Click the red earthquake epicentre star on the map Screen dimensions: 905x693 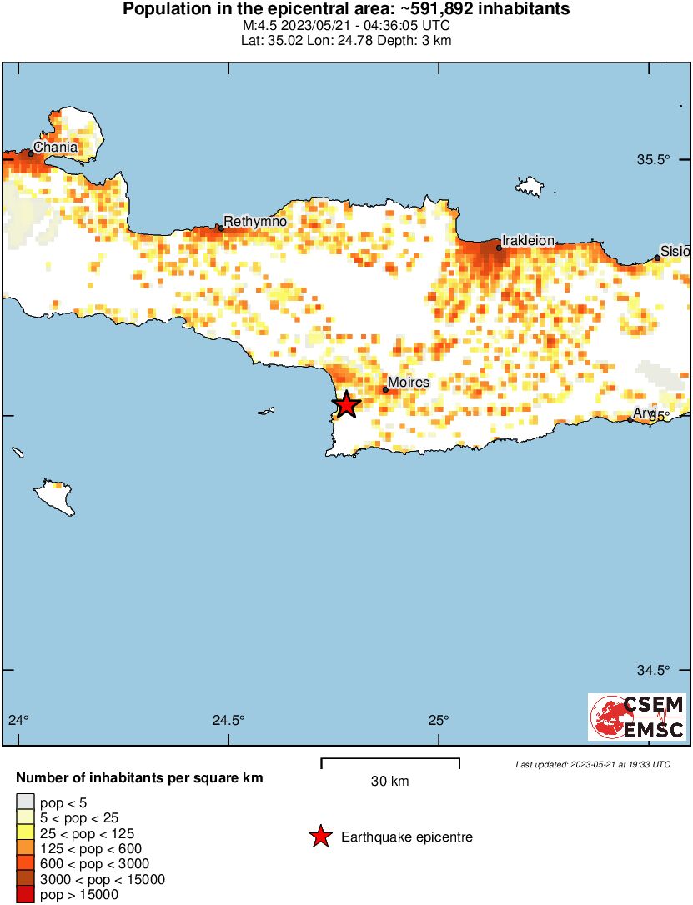click(346, 405)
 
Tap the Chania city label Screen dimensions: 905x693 click(56, 147)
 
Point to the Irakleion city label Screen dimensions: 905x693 click(528, 240)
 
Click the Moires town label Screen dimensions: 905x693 click(409, 382)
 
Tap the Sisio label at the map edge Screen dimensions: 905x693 click(675, 250)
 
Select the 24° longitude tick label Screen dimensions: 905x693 click(18, 720)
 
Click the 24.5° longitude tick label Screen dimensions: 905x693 click(228, 720)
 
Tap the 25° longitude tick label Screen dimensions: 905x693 click(439, 720)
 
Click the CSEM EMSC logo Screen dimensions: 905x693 click(637, 717)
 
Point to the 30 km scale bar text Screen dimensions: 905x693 click(390, 782)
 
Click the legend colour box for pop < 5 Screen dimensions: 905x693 click(25, 802)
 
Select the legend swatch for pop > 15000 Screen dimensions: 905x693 click(25, 894)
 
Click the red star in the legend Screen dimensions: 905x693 click(320, 837)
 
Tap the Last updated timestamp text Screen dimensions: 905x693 click(592, 764)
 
